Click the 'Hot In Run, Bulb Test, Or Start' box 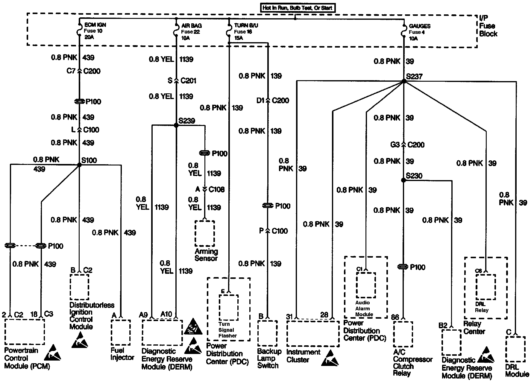point(297,8)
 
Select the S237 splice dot point(404,81)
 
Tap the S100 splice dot point(79,165)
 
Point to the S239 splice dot point(176,125)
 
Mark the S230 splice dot point(403,180)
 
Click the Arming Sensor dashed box point(205,233)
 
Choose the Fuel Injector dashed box point(121,332)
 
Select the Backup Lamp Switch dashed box point(267,333)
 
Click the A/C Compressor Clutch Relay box point(403,334)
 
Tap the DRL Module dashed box point(515,349)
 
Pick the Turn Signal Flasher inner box point(229,307)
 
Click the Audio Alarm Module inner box point(366,285)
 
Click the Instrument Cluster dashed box point(312,334)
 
